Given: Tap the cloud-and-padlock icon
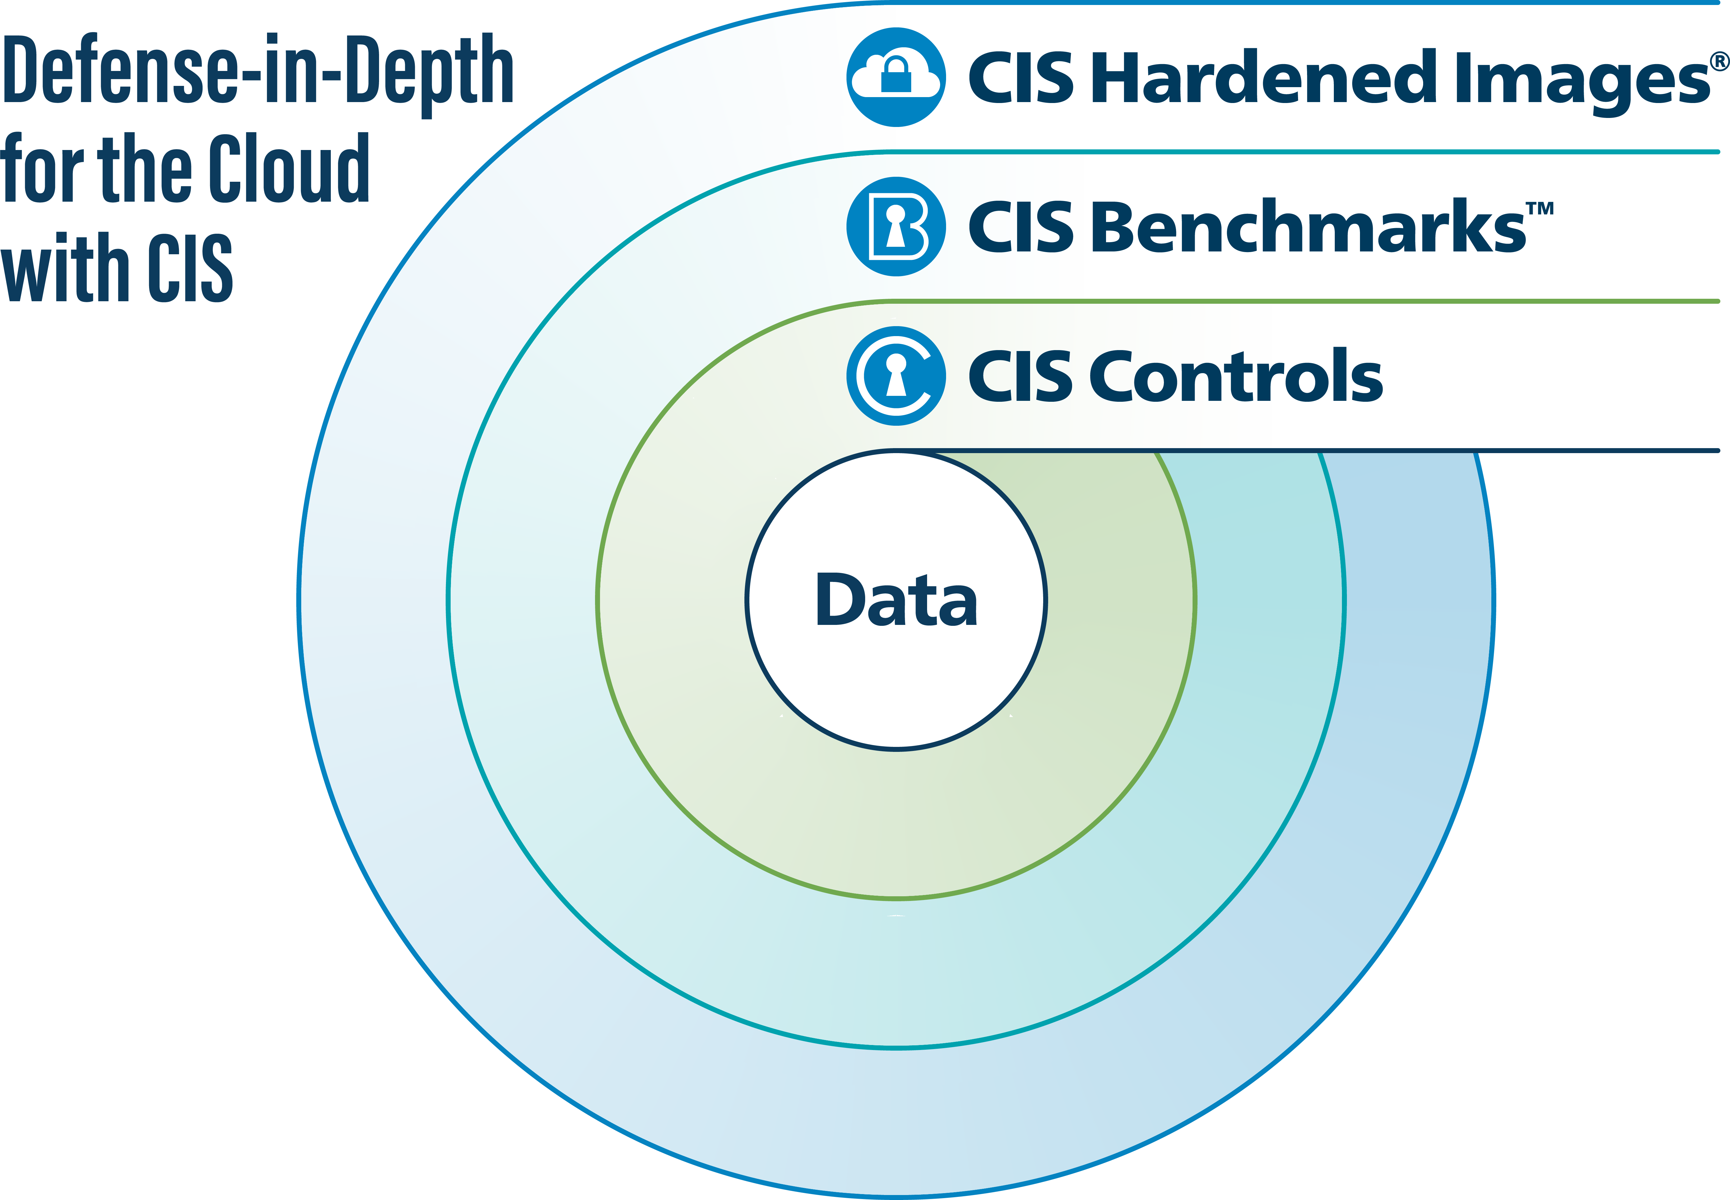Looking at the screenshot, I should tap(895, 77).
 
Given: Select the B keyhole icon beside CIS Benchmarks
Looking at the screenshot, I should tap(895, 226).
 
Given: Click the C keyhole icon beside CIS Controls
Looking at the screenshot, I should tap(895, 376).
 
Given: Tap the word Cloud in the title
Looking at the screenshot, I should tap(289, 169).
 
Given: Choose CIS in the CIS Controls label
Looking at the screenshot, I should tap(1020, 376).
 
